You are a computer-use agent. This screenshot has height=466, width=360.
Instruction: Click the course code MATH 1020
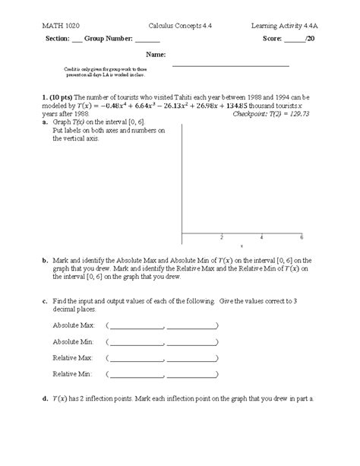click(57, 27)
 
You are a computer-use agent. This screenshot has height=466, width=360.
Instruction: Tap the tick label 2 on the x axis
click(222, 237)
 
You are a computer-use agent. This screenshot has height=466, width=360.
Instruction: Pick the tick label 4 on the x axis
click(261, 237)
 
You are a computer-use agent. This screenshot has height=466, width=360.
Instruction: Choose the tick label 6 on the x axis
click(302, 237)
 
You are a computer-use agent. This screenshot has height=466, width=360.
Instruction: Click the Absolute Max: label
click(72, 325)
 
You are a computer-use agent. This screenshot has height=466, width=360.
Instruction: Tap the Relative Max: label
click(72, 357)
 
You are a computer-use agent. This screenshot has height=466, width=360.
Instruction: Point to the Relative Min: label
click(72, 373)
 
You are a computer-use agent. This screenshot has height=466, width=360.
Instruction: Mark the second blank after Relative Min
click(193, 376)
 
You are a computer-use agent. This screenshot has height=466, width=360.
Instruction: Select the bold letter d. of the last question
click(46, 398)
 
